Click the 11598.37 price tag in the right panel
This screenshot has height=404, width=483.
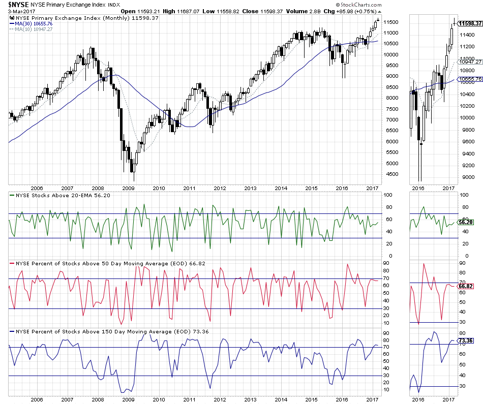pos(470,23)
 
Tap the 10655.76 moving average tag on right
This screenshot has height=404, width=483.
pos(470,79)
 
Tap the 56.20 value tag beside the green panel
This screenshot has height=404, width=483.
pos(466,223)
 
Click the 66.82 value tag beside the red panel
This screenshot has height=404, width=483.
pos(466,286)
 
